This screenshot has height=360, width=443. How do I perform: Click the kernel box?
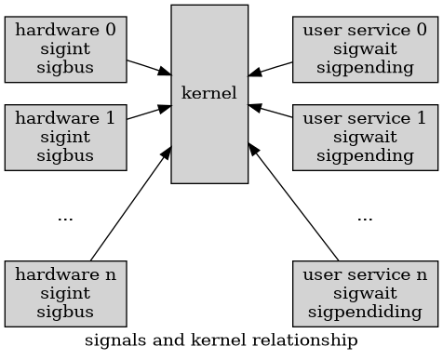[209, 94]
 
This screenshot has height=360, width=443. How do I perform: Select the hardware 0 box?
[66, 48]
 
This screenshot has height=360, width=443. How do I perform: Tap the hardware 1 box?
[66, 138]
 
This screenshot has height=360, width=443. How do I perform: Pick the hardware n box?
[66, 293]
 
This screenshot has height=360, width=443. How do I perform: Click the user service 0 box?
[365, 48]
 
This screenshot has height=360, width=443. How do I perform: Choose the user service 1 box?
[365, 138]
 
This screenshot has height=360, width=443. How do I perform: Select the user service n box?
[365, 293]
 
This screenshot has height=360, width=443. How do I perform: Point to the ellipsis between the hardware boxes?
[65, 218]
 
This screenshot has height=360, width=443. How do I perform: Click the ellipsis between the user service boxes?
[365, 218]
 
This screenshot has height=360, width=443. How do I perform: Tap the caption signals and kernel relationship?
[221, 340]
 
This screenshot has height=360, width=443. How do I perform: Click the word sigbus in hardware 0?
[66, 67]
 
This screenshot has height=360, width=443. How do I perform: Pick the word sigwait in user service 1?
[365, 138]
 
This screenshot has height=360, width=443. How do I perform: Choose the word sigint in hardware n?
[66, 293]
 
